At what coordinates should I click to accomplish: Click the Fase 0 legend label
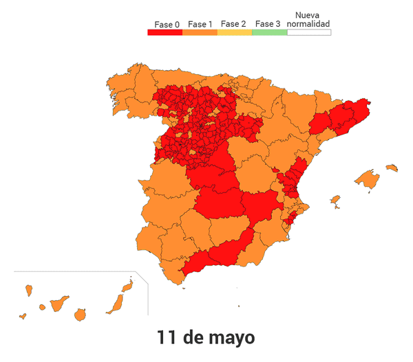click(x=167, y=25)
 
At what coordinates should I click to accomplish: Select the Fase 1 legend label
click(x=200, y=24)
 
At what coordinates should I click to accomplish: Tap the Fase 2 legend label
click(x=233, y=24)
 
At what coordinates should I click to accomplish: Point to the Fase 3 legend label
click(x=267, y=24)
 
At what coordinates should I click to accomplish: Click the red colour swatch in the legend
click(x=165, y=32)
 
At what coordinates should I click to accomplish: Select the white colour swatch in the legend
click(x=308, y=32)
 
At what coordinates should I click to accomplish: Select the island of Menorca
click(x=392, y=167)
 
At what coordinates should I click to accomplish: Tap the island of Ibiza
click(x=335, y=201)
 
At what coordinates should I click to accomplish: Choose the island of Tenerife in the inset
click(x=58, y=303)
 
